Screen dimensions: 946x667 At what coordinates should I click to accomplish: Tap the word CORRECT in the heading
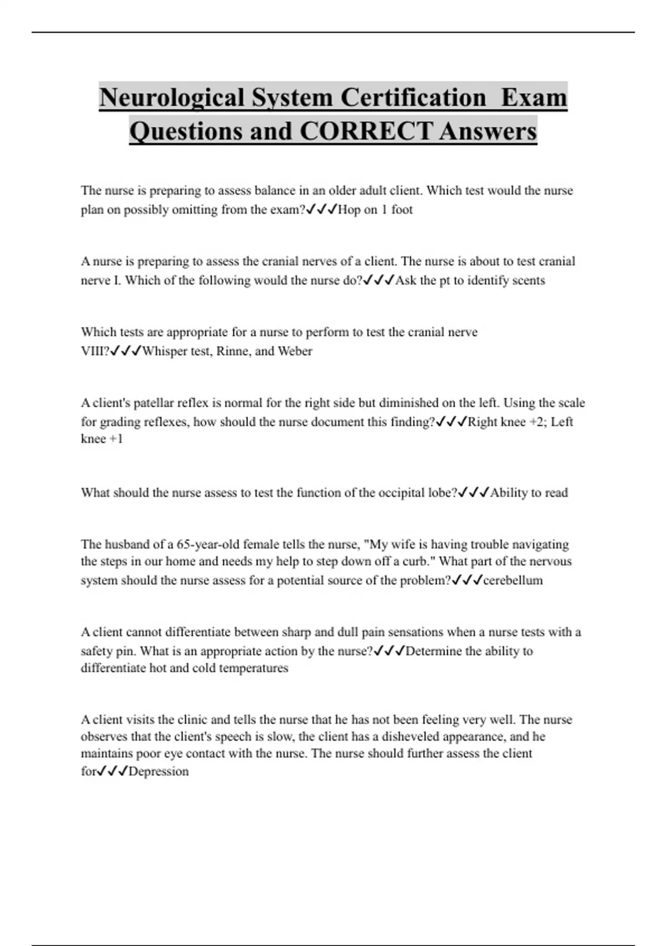pyautogui.click(x=365, y=131)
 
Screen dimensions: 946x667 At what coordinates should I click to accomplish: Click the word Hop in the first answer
pyautogui.click(x=349, y=210)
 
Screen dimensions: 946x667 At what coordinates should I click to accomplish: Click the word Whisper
pyautogui.click(x=166, y=351)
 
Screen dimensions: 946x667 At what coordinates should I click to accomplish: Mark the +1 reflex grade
pyautogui.click(x=116, y=439)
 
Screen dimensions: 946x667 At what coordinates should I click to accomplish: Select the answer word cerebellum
pyautogui.click(x=512, y=580)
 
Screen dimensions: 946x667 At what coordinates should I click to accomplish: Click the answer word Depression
pyautogui.click(x=158, y=771)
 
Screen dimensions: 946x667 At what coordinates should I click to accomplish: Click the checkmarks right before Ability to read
pyautogui.click(x=474, y=492)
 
